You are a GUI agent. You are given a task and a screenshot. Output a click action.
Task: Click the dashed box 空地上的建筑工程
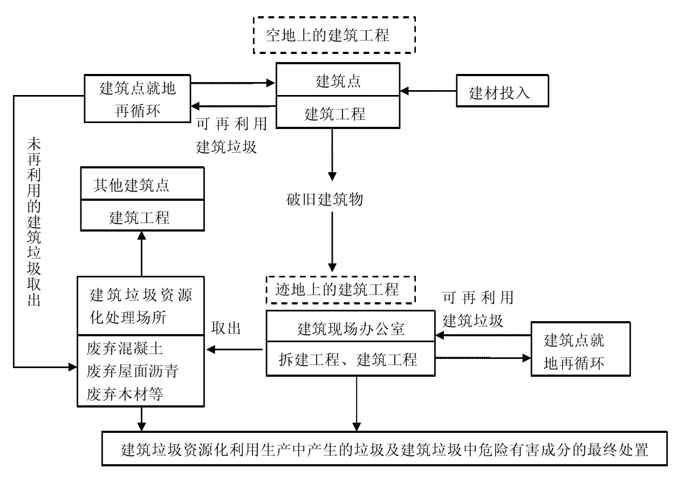coord(334,36)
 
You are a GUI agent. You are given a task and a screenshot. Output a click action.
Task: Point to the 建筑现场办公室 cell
coord(351,328)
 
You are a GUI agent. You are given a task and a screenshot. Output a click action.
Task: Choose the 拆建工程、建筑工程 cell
coord(351,359)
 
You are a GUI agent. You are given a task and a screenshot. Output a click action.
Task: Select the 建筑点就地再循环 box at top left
coord(138,98)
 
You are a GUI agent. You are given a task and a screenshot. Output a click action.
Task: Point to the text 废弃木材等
coord(125,395)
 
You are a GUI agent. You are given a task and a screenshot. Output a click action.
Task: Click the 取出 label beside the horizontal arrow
coord(226,329)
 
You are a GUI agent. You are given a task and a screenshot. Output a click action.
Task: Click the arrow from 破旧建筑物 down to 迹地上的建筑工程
coord(332,240)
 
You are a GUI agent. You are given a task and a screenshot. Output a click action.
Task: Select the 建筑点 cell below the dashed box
coord(338,82)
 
